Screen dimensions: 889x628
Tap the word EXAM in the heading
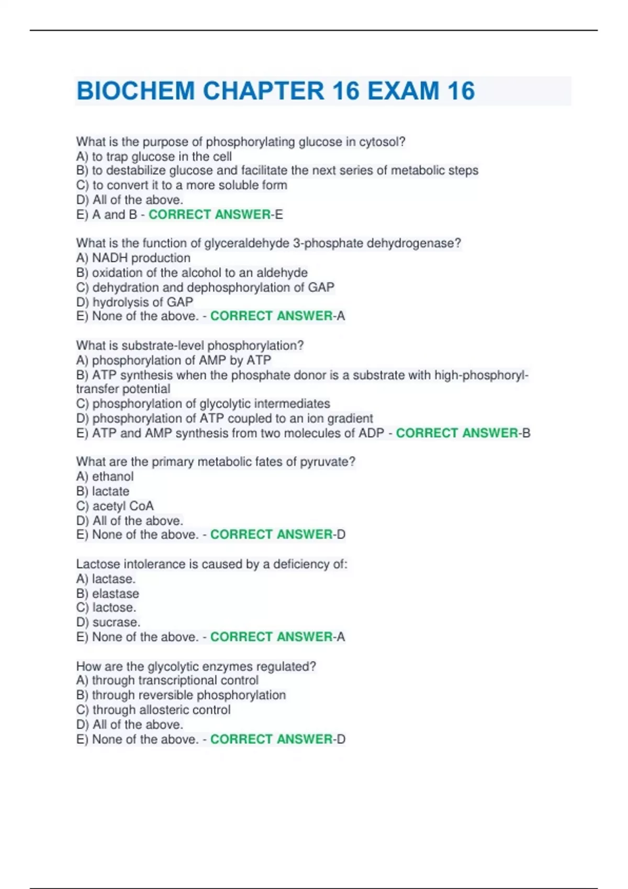(403, 90)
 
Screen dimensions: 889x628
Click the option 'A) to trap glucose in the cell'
(154, 156)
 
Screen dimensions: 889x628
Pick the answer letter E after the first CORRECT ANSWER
(279, 214)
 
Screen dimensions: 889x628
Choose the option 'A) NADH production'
(133, 258)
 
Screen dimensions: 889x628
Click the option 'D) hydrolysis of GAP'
(134, 302)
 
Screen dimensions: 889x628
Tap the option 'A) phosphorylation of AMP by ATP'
(173, 360)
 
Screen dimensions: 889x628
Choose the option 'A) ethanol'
(105, 476)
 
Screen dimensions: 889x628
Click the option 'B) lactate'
(103, 491)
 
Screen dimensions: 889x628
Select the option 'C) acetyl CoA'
(115, 506)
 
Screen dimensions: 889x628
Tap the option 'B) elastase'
(107, 594)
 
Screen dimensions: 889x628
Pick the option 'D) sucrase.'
(108, 622)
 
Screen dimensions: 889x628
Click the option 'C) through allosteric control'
(153, 710)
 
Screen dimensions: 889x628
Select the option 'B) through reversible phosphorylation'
(181, 695)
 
